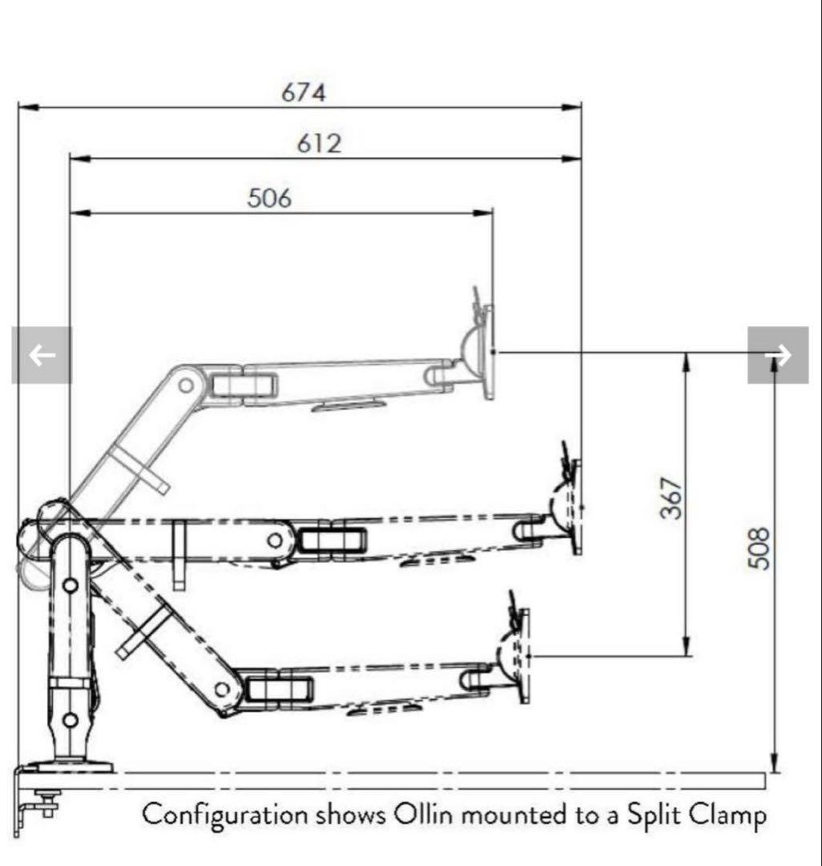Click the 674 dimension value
pos(304,92)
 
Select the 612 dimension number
pos(320,144)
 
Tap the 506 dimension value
pos(269,198)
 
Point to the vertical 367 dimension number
pos(672,498)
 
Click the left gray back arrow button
pos(42,354)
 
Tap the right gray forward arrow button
pos(778,354)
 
